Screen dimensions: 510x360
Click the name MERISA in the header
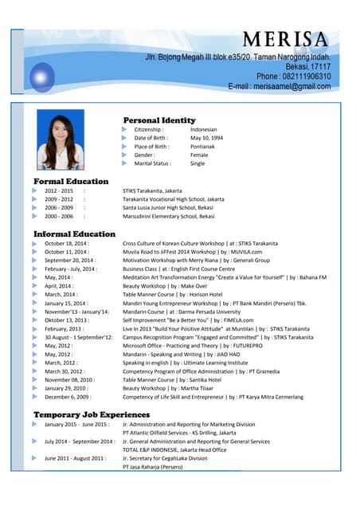coord(285,40)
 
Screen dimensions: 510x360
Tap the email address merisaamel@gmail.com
coord(279,86)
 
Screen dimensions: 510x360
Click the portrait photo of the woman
coord(61,143)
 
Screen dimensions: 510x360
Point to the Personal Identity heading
coord(159,120)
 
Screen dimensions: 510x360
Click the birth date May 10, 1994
coord(206,138)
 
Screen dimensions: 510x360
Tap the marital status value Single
coord(198,163)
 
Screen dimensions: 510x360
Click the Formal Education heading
coord(71,182)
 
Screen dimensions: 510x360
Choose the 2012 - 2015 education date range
coord(59,191)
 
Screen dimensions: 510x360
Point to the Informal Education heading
coord(74,233)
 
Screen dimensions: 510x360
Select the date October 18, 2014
coord(66,243)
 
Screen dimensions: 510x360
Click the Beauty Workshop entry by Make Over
coord(165,286)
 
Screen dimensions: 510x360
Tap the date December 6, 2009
coord(68,397)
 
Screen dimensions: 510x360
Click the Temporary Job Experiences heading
coord(91,414)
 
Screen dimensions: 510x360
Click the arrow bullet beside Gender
coord(125,155)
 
